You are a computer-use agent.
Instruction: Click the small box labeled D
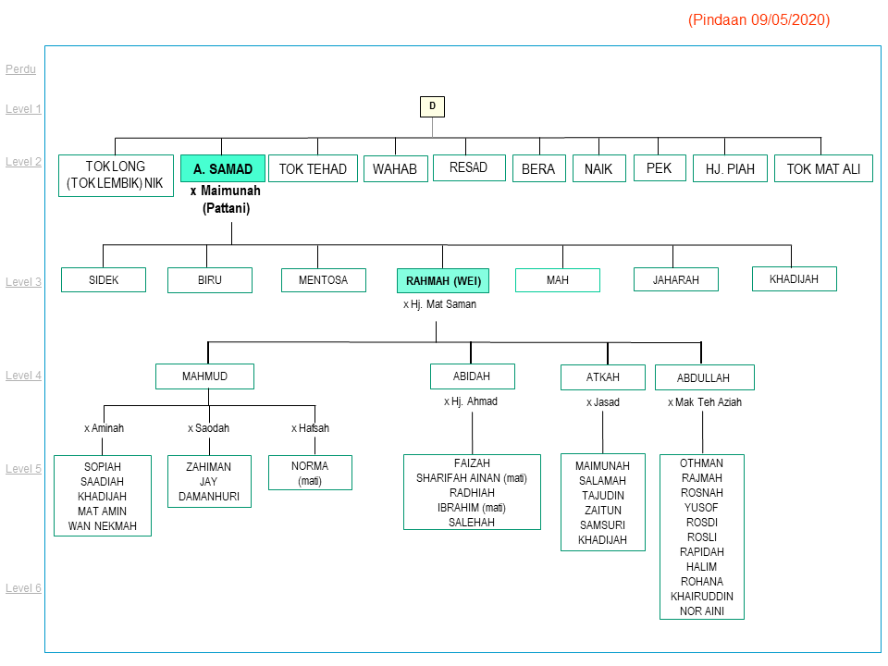coord(432,106)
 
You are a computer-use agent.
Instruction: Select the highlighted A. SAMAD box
coord(223,168)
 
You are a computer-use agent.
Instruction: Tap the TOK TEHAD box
coord(313,168)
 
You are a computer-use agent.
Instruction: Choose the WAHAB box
coord(395,169)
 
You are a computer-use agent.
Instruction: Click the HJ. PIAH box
coord(730,168)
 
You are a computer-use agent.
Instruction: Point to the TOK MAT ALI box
coord(823,168)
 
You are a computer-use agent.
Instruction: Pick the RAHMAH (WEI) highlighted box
coord(443,280)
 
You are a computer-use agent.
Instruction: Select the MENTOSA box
coord(323,279)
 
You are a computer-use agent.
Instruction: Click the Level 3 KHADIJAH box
coord(794,278)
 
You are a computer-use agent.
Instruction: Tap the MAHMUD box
coord(204,376)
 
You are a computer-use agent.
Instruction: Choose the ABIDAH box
coord(472,376)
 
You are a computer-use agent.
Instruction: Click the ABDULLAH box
coord(704,377)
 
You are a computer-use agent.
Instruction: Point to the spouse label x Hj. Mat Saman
coord(439,304)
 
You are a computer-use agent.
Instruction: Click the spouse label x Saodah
coord(208,428)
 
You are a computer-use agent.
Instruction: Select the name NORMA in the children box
coord(310,465)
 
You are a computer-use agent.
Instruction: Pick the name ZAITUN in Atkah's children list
coord(602,511)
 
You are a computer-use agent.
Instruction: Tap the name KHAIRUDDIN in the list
coord(702,597)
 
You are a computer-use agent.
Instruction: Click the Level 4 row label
coord(24,376)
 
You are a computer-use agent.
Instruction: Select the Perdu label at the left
coord(20,69)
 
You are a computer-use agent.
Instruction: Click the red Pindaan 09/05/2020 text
coord(758,20)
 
